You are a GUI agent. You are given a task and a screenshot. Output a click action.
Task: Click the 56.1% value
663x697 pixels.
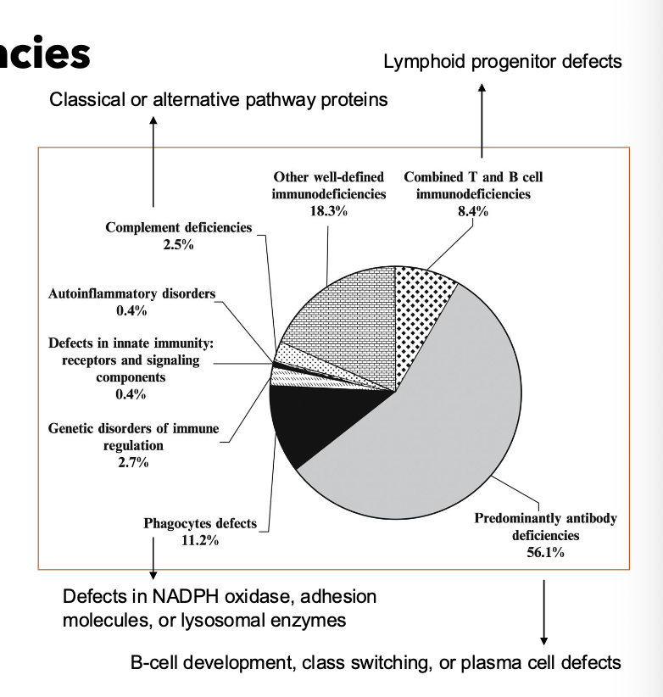coord(545,552)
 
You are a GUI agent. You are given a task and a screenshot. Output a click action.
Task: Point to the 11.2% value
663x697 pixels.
coord(200,540)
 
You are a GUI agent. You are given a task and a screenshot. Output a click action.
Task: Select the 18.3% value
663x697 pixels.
coord(328,210)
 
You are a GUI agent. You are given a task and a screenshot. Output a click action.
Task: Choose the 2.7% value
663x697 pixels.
coord(133,462)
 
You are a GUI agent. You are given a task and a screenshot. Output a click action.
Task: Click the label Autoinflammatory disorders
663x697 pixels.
coord(131,294)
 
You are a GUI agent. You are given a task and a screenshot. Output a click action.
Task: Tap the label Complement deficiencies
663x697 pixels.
coord(179,227)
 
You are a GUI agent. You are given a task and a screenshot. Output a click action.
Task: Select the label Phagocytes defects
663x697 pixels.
coord(200,523)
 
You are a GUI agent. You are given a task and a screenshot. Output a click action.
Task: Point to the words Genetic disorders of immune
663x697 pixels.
coord(133,429)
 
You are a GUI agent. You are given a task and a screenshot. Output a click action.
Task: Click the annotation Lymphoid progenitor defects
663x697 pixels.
coord(503,61)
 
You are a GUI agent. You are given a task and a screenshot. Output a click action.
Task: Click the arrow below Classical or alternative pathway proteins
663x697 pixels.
coord(153,161)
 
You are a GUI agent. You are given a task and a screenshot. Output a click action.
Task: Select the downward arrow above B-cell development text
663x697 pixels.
coord(543,611)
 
